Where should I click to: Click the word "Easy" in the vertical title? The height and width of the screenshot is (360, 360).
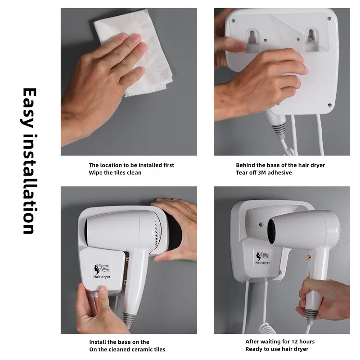pos(29,108)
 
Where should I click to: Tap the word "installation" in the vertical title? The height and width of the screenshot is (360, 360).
pos(30,184)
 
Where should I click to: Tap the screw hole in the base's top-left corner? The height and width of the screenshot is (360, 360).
pos(234,20)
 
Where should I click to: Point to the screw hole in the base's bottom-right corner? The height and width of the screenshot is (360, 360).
pos(330,105)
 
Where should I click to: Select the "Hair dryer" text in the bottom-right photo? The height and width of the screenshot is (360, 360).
pos(263,263)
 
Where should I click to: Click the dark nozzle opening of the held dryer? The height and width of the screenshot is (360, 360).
pos(271,231)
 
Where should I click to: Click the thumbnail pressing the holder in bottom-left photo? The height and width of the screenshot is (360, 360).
pos(103,290)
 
